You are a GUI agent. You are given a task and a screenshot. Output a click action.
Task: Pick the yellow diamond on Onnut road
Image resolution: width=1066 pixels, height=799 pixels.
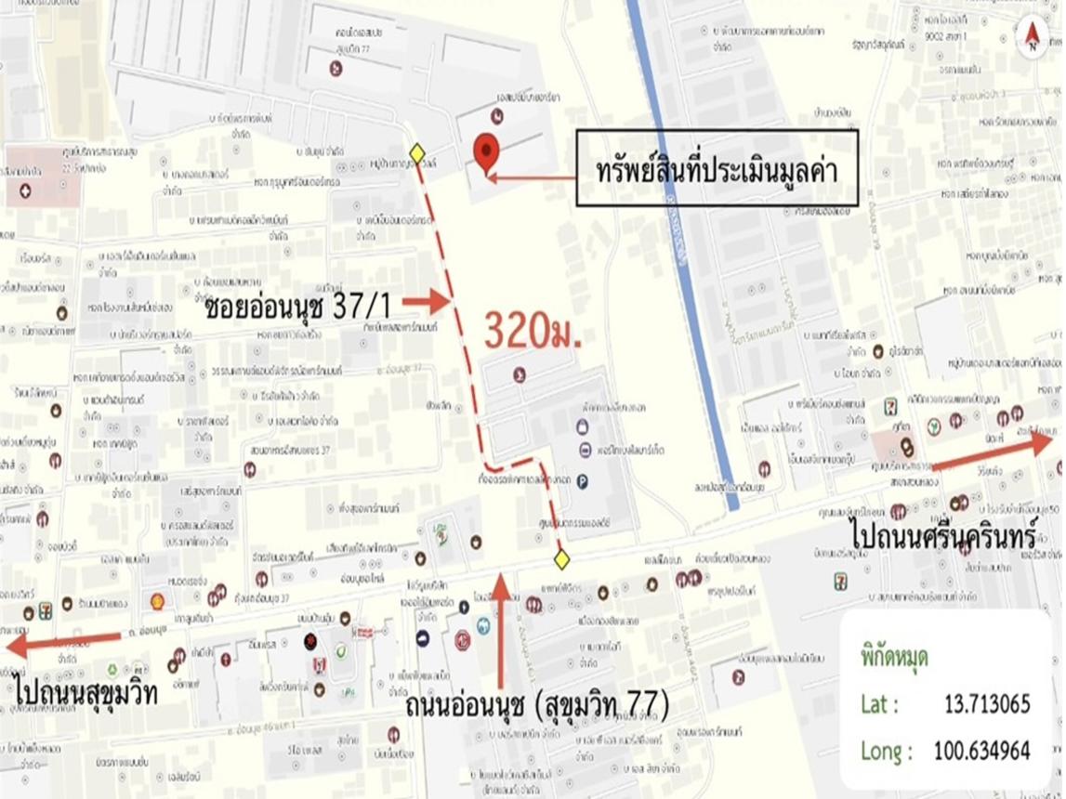pyautogui.click(x=560, y=558)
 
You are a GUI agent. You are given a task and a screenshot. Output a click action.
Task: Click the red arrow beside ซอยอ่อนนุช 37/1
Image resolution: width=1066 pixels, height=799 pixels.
pyautogui.click(x=427, y=300)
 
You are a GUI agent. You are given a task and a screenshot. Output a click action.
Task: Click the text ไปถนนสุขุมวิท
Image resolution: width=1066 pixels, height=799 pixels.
pyautogui.click(x=86, y=692)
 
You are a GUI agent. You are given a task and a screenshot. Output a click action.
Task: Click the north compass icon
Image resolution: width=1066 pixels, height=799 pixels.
pyautogui.click(x=1032, y=35)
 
